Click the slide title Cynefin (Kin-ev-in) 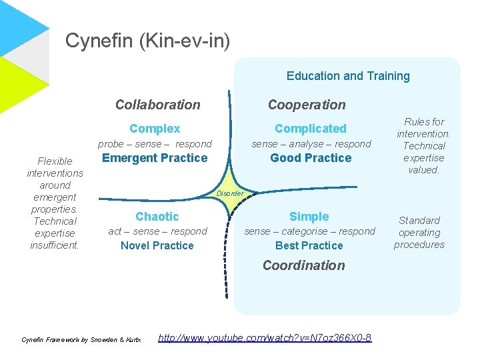click(x=147, y=41)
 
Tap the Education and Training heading click(x=348, y=76)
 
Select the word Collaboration click(x=157, y=105)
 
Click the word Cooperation click(x=307, y=105)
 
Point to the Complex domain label click(x=155, y=129)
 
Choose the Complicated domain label click(x=311, y=129)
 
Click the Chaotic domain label click(x=157, y=217)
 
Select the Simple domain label click(x=309, y=217)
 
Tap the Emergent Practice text click(x=155, y=158)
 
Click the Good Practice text click(x=311, y=158)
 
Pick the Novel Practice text click(x=157, y=246)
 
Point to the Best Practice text click(x=309, y=246)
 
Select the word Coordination click(x=303, y=265)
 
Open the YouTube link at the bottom click(x=265, y=338)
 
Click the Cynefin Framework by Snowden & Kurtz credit click(x=81, y=340)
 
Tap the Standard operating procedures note click(x=419, y=233)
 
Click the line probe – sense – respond click(x=155, y=144)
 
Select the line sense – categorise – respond click(x=309, y=231)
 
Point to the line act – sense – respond click(x=157, y=231)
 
